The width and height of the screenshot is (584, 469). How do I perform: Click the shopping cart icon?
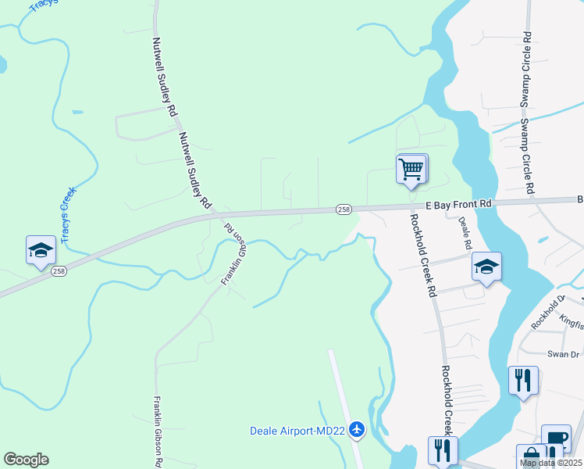[411, 169]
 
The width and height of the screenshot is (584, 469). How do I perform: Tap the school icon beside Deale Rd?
[486, 267]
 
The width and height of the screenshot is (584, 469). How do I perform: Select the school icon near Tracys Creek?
[40, 250]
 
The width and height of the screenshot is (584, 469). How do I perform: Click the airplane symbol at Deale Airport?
[358, 429]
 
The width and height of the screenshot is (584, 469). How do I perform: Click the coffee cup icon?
[556, 439]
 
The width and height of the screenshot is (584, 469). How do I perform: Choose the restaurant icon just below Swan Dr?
[523, 381]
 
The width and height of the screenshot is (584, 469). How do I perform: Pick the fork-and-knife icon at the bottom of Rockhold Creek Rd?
[443, 451]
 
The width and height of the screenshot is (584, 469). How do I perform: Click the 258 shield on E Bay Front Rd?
[344, 209]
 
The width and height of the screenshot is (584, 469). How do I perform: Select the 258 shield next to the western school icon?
[59, 272]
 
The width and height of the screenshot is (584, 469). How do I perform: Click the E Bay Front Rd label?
[459, 203]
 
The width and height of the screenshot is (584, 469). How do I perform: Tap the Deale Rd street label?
[465, 234]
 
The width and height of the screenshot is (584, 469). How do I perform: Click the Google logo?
[26, 459]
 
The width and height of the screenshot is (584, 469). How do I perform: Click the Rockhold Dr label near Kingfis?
[548, 313]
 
